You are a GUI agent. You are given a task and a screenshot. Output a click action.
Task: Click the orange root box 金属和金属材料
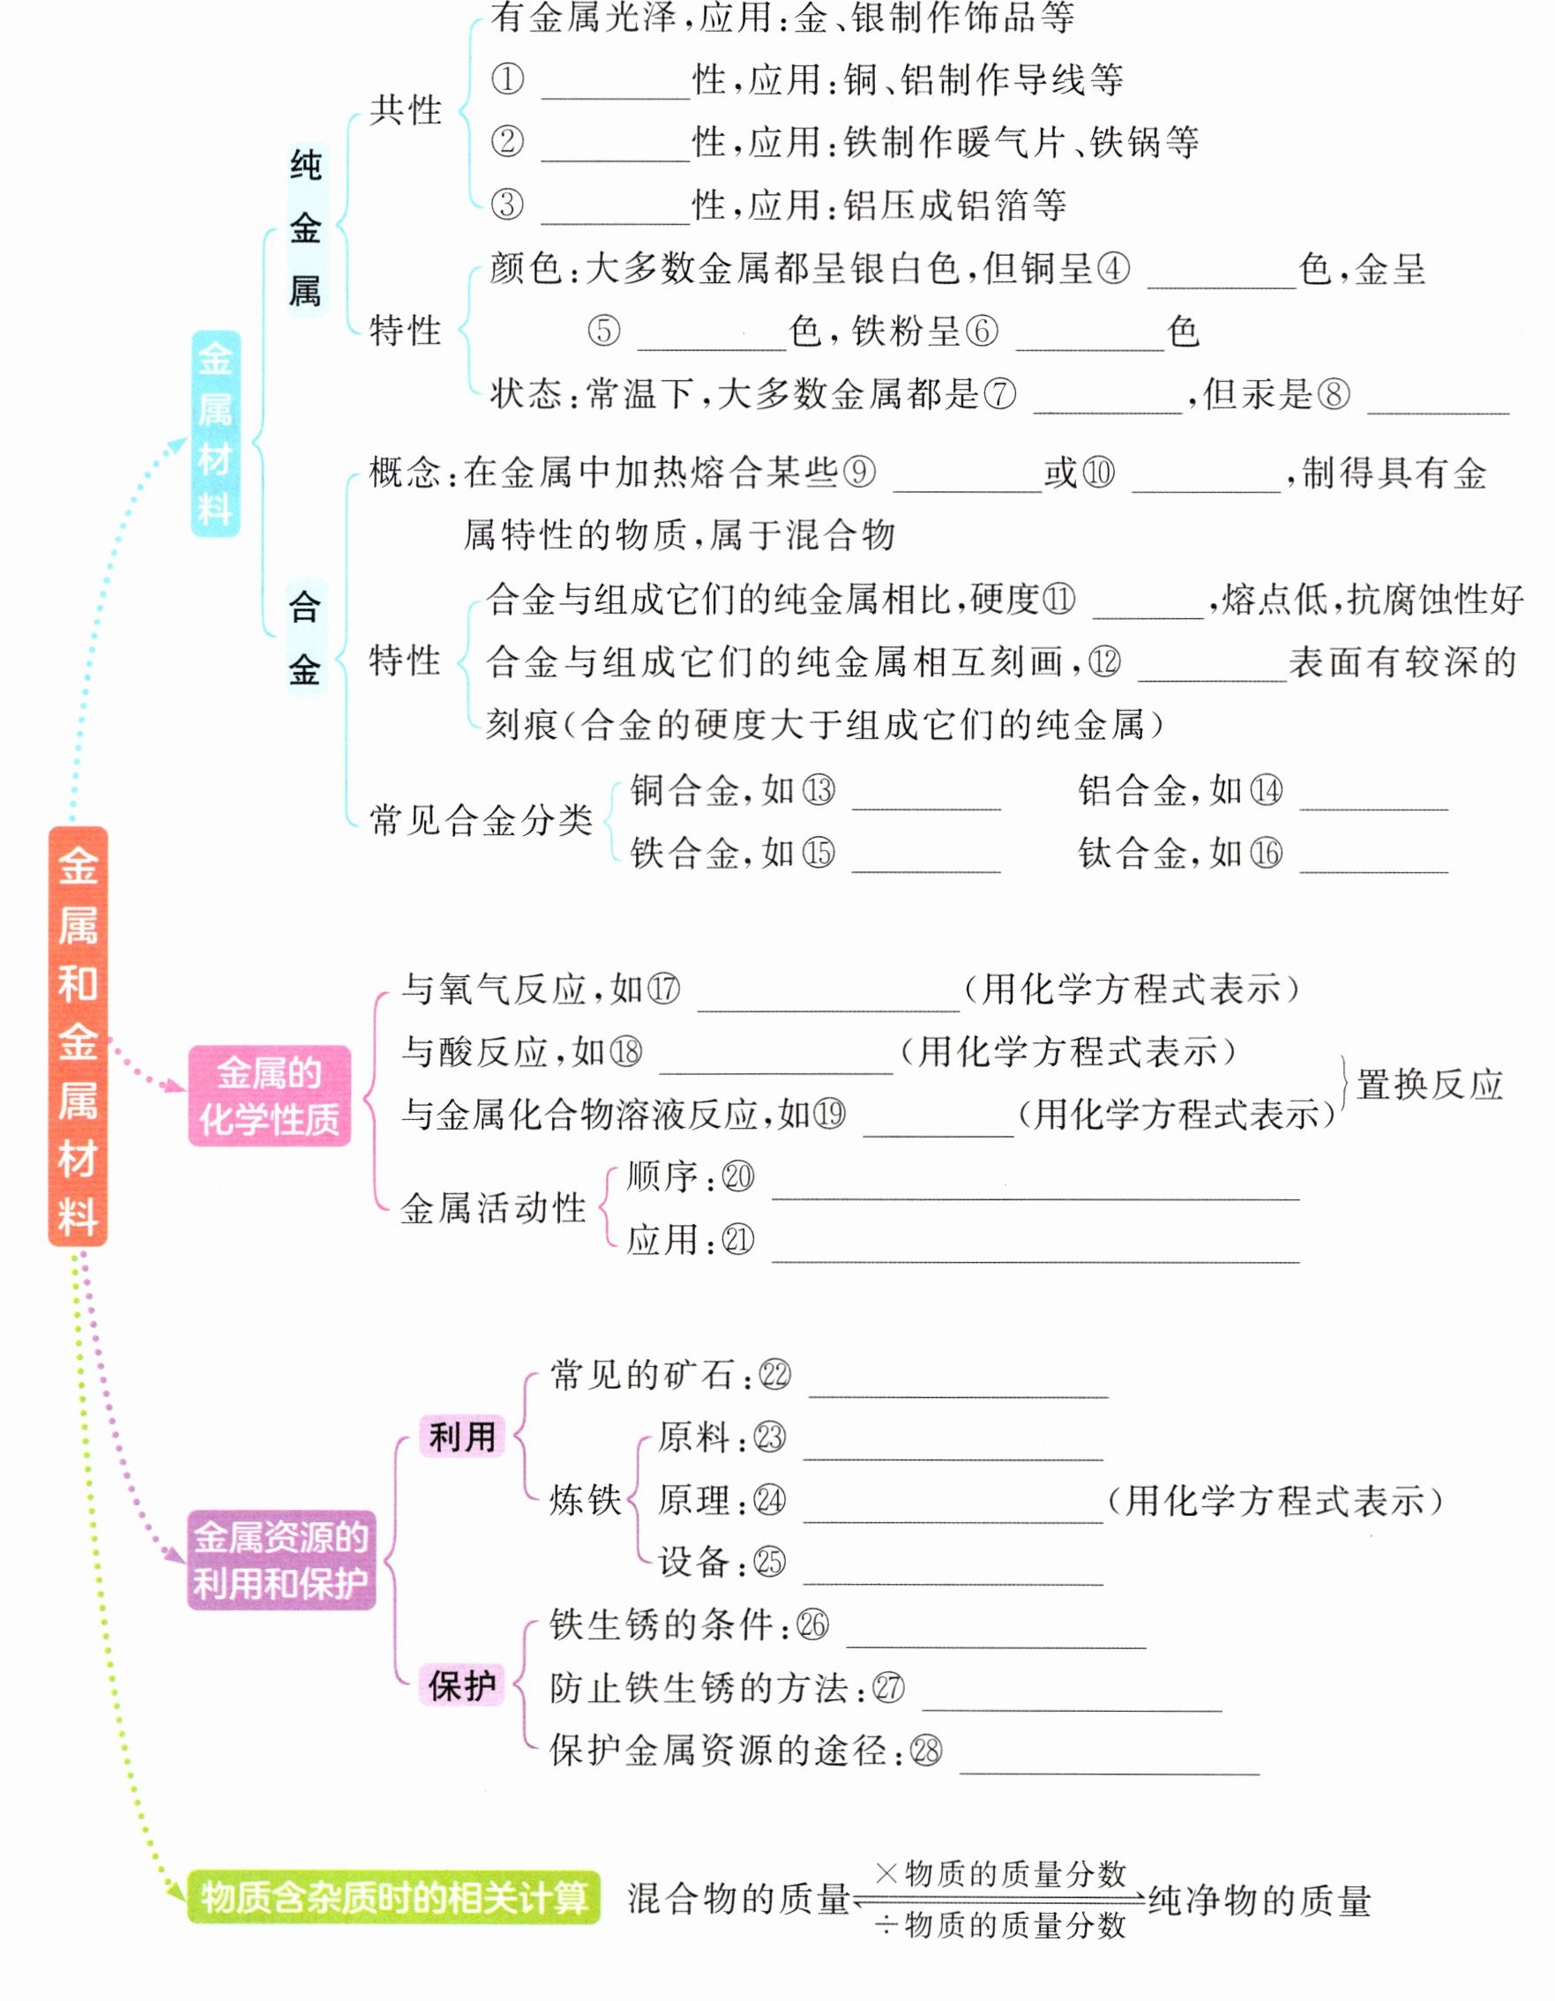point(78,1035)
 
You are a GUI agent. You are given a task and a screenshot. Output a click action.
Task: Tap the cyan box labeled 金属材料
point(215,433)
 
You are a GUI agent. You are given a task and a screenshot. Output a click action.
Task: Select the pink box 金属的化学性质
point(269,1095)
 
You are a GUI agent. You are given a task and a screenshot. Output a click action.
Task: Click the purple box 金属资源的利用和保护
point(281,1559)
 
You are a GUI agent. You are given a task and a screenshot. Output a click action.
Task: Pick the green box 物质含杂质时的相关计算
point(394,1897)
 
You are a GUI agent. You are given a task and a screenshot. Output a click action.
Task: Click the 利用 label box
point(462,1436)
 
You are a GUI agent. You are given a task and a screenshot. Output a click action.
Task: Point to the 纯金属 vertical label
point(305,228)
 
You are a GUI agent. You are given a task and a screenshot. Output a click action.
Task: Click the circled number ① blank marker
point(508,79)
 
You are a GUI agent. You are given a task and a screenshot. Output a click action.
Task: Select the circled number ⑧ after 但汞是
point(1334,394)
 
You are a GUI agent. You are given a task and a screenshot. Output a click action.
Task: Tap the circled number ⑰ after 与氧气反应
point(663,989)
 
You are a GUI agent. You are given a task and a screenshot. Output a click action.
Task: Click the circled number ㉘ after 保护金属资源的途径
point(925,1751)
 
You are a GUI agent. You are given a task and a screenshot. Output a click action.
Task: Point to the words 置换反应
point(1430,1085)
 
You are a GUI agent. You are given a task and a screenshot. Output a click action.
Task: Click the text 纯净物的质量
point(1260,1901)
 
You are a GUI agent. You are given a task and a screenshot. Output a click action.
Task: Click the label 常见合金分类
point(481,820)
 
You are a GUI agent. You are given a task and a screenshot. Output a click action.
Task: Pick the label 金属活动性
point(493,1208)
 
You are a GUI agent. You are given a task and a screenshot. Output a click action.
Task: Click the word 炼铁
point(585,1500)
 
